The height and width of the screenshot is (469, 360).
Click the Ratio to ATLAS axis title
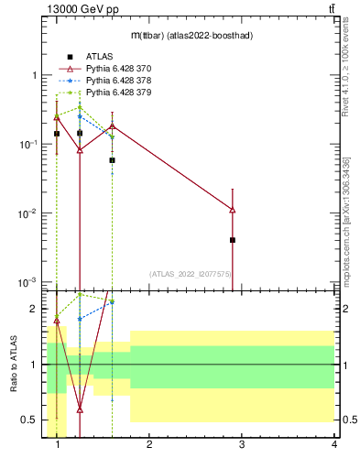[14, 365]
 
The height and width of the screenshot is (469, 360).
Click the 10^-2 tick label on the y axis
[27, 213]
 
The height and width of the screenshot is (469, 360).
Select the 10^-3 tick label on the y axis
[27, 282]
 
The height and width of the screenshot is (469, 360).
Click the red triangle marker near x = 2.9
[233, 210]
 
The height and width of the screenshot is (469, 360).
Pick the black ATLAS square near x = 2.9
[233, 240]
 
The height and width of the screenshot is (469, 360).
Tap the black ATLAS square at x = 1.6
[112, 159]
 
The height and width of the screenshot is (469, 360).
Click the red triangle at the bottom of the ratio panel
[80, 409]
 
